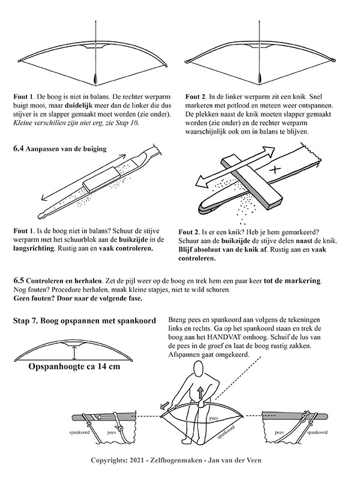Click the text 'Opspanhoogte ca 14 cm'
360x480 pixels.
point(75,367)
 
